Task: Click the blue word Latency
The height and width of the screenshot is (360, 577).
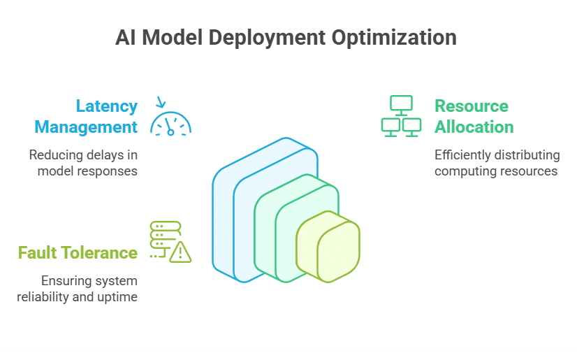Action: coord(107,106)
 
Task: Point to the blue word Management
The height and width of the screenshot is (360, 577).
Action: coord(86,127)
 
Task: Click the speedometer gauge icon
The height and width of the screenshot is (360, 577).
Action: coord(171,124)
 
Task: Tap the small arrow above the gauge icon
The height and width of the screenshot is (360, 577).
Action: coord(161,103)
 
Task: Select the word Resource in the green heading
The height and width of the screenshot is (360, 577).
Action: coord(472,106)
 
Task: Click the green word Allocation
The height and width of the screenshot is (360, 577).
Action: coord(474,127)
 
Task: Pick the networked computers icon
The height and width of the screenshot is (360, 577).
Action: coord(401,115)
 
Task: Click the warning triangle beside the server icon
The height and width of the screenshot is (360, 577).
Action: coord(180,251)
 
